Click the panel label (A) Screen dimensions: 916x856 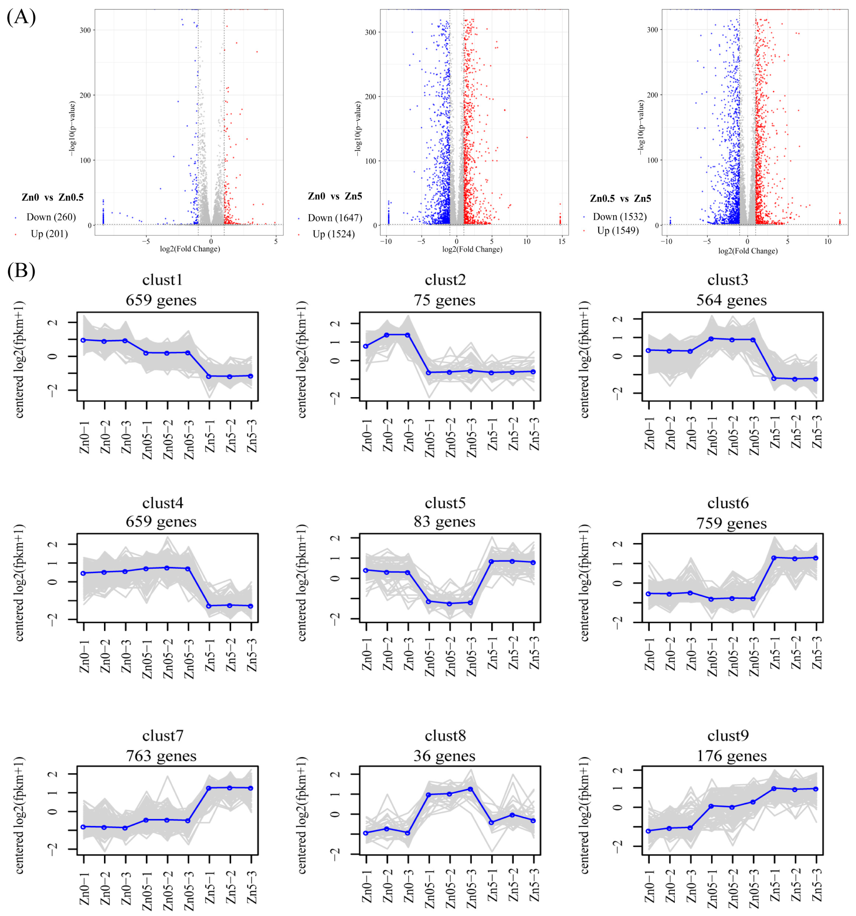(x=21, y=18)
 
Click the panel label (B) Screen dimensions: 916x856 (x=21, y=271)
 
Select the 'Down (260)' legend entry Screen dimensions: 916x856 (x=51, y=217)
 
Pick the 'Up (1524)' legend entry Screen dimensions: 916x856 (x=333, y=234)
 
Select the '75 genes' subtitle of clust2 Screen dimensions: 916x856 (x=444, y=300)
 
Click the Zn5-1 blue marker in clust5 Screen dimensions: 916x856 (x=492, y=562)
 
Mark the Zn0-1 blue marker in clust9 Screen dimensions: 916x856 (x=649, y=831)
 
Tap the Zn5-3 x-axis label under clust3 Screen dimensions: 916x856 (x=817, y=432)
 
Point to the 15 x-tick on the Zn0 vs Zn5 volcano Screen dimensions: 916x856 (x=562, y=241)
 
